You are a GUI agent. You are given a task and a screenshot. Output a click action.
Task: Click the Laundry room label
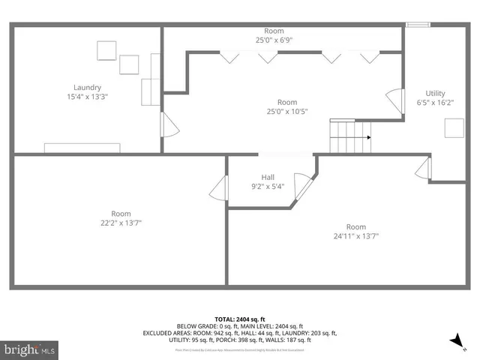point(87,87)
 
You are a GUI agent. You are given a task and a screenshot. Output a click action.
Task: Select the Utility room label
point(434,92)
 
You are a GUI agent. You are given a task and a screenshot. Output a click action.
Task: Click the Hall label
point(267,177)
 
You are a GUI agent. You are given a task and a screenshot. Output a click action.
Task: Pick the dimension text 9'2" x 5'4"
point(267,187)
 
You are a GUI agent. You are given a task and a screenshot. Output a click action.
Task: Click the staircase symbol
point(349,136)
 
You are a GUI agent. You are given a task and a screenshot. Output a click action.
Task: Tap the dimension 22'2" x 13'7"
point(121,223)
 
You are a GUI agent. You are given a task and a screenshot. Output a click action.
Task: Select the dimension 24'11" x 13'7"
point(355,236)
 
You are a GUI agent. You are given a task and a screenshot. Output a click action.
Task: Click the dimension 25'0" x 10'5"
point(286,112)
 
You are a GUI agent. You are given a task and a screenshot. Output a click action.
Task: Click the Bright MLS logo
point(29,349)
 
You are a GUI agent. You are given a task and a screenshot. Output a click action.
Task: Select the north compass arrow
point(455,341)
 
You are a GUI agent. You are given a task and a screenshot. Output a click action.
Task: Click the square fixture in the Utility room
point(454,129)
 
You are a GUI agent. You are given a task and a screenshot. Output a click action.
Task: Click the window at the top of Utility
point(418,25)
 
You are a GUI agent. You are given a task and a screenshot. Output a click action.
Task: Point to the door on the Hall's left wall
point(219,188)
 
